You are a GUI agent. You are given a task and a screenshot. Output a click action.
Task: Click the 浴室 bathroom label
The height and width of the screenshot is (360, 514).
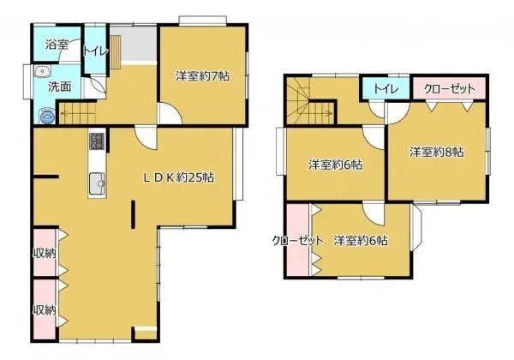tap(57, 45)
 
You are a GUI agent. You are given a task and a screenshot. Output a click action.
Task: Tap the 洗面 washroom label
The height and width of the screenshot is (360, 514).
tap(60, 87)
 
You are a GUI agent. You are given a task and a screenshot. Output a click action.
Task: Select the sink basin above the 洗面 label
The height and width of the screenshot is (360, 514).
tap(43, 71)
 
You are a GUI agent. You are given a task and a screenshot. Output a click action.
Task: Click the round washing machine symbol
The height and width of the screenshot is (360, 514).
tap(47, 116)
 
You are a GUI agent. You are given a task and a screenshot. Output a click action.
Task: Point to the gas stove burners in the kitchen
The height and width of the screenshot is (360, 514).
tap(97, 141)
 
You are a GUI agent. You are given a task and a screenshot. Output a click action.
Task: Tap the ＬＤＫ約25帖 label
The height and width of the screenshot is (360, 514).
tap(179, 177)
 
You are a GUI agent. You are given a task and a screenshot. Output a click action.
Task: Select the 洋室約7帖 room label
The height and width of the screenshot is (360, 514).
tap(202, 76)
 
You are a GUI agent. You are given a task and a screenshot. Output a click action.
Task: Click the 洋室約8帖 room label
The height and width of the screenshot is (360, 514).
tap(436, 152)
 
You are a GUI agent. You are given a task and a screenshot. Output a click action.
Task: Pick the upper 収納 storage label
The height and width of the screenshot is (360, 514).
tap(45, 253)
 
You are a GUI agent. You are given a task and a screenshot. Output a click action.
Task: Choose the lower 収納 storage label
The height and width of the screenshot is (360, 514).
tap(45, 309)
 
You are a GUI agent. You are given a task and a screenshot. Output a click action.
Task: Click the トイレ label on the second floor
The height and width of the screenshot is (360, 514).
tap(386, 89)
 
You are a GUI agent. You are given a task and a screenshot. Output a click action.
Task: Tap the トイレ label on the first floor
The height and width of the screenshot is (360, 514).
tap(95, 51)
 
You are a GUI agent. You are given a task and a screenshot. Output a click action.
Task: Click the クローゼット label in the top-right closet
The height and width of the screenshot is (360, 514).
tap(449, 89)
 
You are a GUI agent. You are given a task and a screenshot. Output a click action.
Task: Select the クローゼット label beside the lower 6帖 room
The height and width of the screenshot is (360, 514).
tap(297, 242)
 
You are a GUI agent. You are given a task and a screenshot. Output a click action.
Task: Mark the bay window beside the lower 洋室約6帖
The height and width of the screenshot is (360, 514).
tap(415, 227)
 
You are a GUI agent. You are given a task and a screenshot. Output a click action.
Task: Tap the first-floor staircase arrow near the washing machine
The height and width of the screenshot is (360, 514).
tap(78, 115)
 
